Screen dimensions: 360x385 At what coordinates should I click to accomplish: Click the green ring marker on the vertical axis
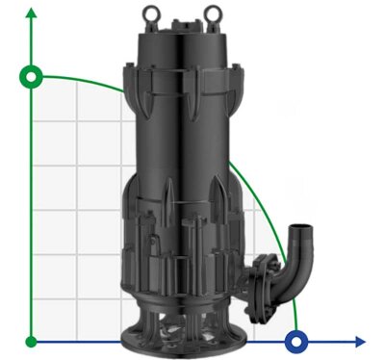point(33,76)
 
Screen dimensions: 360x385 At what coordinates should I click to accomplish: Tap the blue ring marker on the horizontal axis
point(298,341)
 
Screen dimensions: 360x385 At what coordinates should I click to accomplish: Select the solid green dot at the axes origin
point(33,341)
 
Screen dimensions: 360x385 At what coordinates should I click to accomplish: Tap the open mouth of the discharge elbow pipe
point(305,232)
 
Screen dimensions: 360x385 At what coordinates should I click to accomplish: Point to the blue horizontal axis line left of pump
point(77,341)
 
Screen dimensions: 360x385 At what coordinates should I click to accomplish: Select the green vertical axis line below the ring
point(33,212)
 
